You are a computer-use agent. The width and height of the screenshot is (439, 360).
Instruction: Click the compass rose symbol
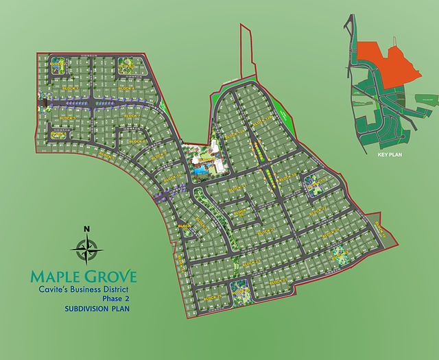click(x=87, y=248)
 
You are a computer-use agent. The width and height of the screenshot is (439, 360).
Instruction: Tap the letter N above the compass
click(x=86, y=229)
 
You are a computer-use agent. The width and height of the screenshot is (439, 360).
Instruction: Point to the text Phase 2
click(x=116, y=299)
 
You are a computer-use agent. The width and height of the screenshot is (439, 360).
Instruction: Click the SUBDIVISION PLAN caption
click(x=97, y=309)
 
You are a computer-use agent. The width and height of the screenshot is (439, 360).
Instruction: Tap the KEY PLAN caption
click(x=392, y=155)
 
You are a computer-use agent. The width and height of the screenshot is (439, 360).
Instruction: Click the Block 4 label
click(x=126, y=88)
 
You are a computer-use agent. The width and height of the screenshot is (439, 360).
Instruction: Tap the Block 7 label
click(x=132, y=117)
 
